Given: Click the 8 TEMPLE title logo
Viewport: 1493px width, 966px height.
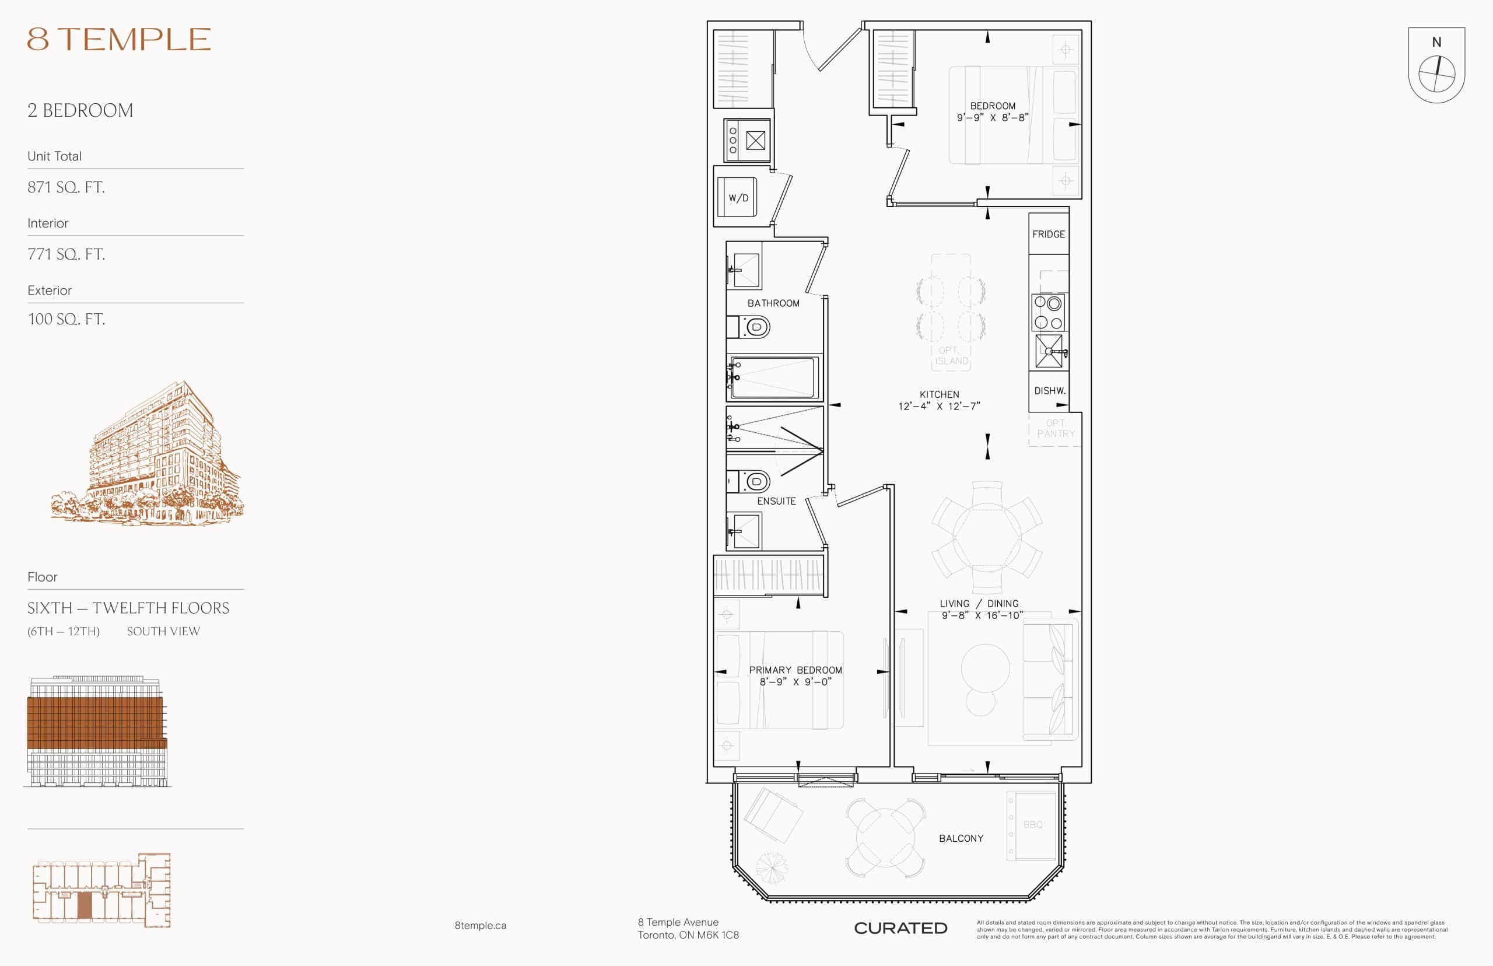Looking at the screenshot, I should pos(118,39).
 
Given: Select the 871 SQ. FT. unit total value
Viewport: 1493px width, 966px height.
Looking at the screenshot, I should pos(66,187).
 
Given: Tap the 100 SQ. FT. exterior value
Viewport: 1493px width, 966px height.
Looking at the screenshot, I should pos(66,318).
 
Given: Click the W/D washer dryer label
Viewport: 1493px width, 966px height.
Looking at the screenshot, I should pos(738,198).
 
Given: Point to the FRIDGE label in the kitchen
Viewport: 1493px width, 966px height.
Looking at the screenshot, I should pos(1049,234).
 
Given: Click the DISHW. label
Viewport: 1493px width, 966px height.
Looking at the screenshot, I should pos(1050,391).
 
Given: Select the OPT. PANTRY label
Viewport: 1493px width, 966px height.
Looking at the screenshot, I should pos(1056,428).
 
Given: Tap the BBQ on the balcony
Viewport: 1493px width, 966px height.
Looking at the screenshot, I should pos(1033,825).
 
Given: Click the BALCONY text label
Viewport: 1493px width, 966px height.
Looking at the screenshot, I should pos(961,839).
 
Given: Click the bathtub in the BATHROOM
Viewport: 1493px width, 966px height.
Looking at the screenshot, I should pos(774,377).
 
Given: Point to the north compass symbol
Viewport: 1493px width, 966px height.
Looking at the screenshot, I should pos(1436,73).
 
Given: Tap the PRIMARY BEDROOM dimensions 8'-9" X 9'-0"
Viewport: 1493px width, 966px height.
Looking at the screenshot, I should pos(795,682).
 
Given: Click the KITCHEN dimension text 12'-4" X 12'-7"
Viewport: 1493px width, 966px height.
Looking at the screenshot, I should pos(939,406).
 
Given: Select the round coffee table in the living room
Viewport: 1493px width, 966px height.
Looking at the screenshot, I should pos(985,668).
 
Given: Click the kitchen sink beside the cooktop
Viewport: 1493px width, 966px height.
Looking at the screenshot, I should pos(1049,351).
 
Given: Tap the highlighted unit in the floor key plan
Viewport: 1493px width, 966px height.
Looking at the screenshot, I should pos(84,905).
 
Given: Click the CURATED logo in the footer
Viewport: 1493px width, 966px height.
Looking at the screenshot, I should pos(900,928).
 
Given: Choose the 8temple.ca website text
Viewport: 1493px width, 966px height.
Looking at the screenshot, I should pos(481,925).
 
